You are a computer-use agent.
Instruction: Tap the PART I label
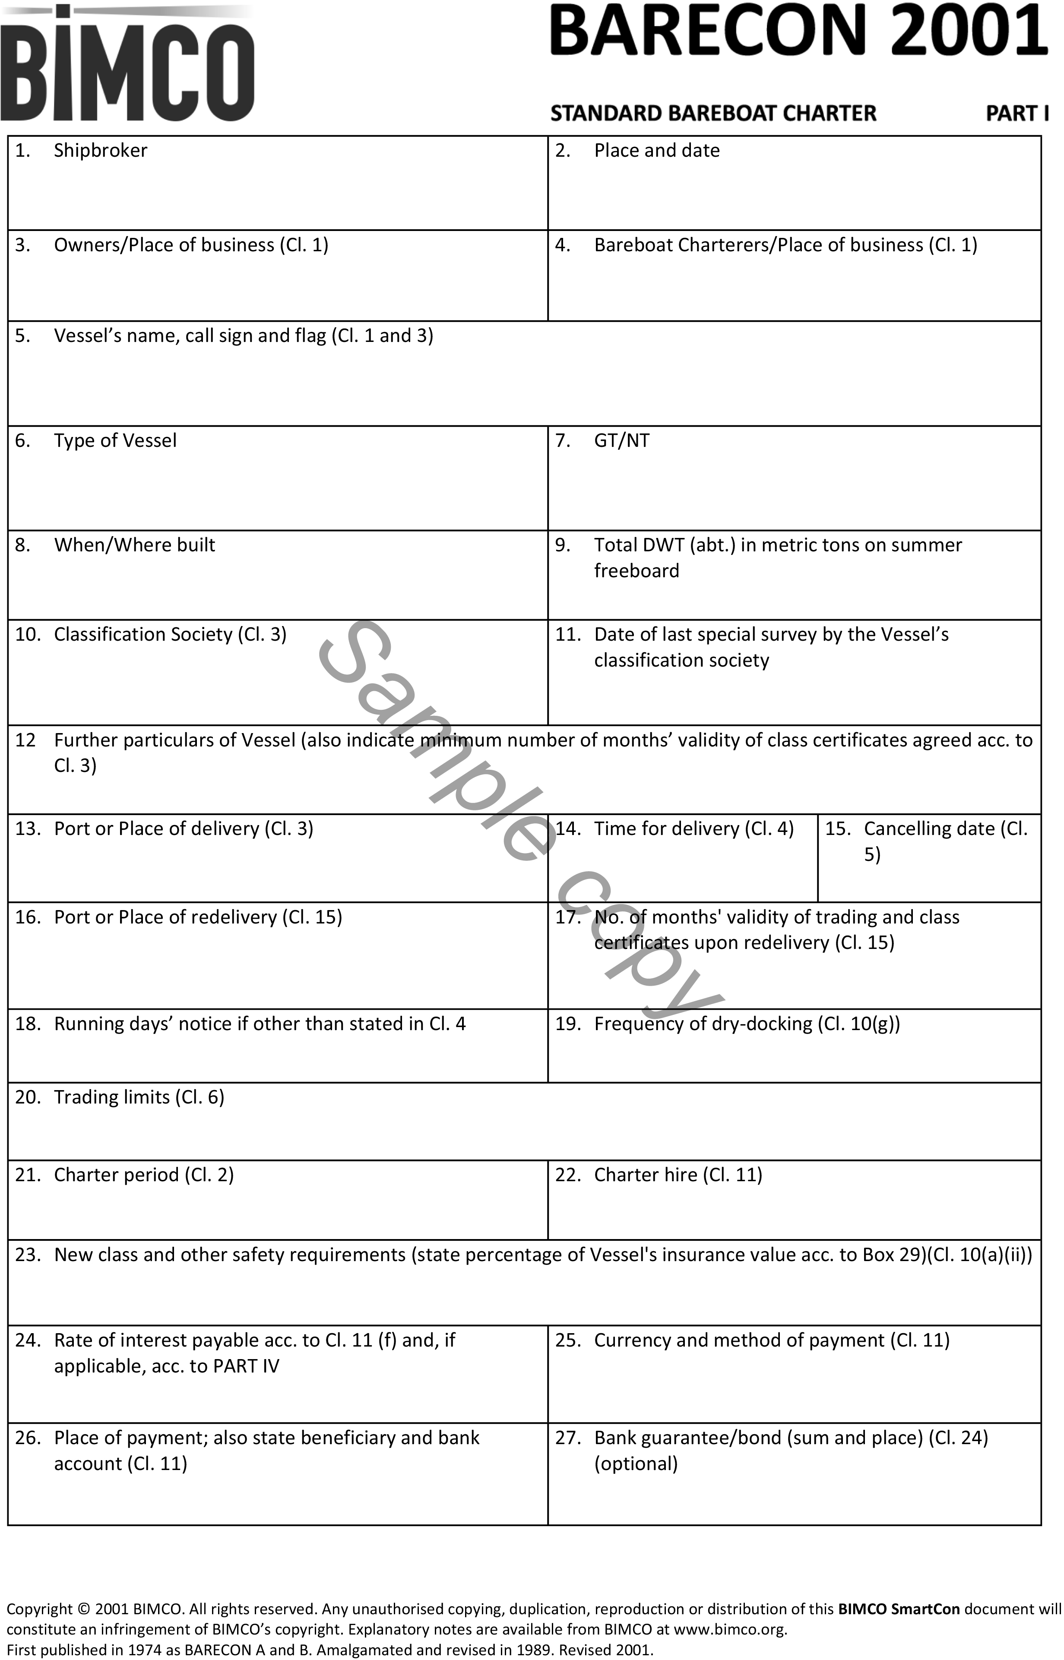coord(1016,113)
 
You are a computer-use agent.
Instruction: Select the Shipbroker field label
coord(100,151)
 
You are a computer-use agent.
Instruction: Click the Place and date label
coord(656,151)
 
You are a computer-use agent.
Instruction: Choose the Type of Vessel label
coord(115,441)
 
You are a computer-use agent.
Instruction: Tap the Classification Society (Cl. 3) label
coord(170,635)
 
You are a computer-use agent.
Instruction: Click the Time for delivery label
coord(693,829)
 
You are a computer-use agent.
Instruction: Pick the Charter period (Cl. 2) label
coord(144,1175)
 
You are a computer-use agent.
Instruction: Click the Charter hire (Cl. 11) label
coord(678,1175)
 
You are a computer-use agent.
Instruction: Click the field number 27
coord(567,1438)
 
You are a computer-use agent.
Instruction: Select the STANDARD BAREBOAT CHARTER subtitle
coord(713,113)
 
